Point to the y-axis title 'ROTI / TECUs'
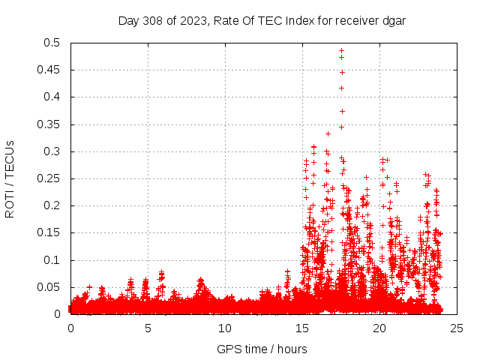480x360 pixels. tap(10, 178)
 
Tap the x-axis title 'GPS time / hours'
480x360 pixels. tap(262, 349)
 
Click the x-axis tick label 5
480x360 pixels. tap(148, 328)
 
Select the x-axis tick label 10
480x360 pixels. tap(225, 328)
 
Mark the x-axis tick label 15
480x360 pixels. tap(302, 328)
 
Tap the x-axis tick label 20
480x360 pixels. tap(379, 328)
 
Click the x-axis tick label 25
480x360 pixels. tap(456, 328)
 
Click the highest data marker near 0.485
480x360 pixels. tap(341, 51)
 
